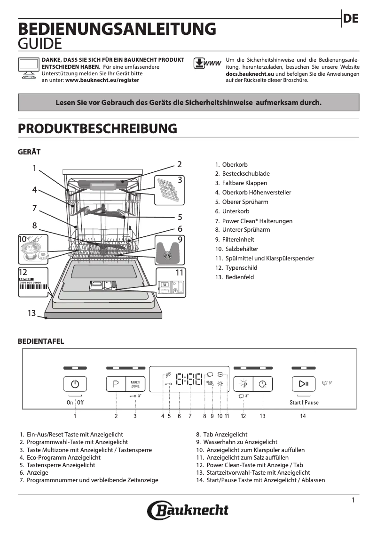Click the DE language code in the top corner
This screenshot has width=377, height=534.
[351, 18]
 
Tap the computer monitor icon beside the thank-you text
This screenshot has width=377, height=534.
[28, 69]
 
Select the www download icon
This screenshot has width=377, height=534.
[207, 64]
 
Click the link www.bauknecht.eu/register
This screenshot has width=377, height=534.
[102, 81]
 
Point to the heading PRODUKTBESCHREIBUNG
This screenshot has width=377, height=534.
[97, 129]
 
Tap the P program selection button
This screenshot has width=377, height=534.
[116, 384]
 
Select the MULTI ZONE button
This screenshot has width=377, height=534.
[135, 384]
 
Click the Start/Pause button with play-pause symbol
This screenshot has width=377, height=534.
[303, 384]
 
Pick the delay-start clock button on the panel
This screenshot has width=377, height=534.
[263, 384]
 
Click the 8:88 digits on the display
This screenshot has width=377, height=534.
[189, 379]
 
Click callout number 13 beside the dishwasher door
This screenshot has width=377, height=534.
[31, 313]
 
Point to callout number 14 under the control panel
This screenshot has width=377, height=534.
[303, 416]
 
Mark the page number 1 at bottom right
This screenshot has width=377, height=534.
[353, 500]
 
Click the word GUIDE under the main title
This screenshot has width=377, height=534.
[40, 44]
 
